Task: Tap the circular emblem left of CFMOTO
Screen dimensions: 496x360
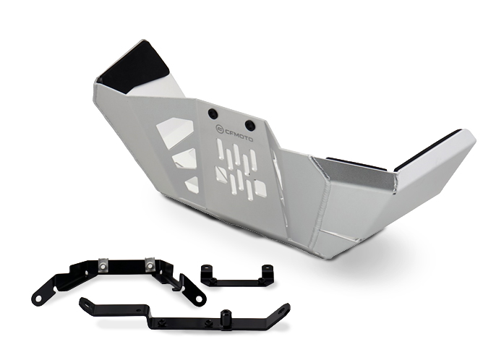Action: [220, 129]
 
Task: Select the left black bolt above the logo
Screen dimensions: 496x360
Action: [212, 114]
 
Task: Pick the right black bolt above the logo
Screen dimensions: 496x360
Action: [249, 124]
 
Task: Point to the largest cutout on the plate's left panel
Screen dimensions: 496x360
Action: [175, 133]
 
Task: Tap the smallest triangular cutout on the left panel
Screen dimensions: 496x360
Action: [192, 184]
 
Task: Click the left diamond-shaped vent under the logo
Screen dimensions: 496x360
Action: [221, 173]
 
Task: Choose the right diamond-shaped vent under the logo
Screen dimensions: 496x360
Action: [260, 188]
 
